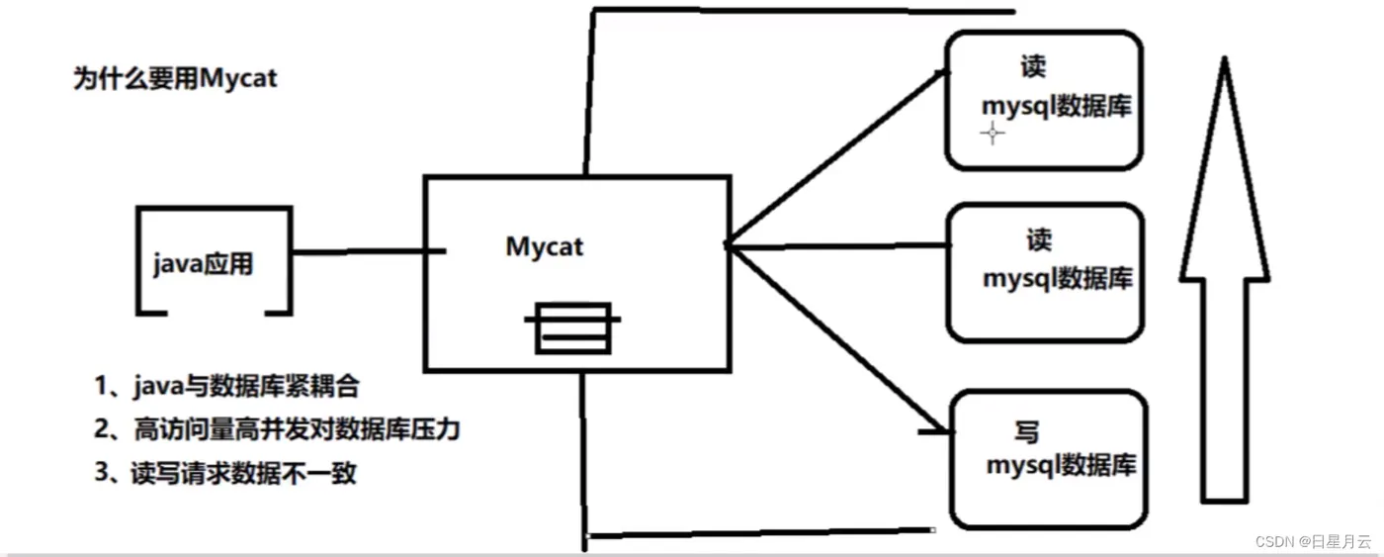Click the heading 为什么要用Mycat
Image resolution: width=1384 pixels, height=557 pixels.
coord(175,78)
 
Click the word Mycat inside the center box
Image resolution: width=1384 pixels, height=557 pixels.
coord(545,245)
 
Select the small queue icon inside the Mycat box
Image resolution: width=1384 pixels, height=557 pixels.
coord(572,327)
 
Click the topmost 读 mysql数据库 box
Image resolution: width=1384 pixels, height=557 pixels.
coord(1044,100)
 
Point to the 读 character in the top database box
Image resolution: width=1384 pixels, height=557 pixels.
coord(1033,67)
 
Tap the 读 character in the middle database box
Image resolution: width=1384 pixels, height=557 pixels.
coord(1039,240)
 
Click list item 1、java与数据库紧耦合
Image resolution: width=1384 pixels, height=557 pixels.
coord(235,386)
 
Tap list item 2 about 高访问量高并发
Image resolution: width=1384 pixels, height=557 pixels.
coord(278,429)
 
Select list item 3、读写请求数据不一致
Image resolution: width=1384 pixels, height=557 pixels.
coord(226,473)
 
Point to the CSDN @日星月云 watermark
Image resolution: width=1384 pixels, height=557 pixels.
coord(1313,541)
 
